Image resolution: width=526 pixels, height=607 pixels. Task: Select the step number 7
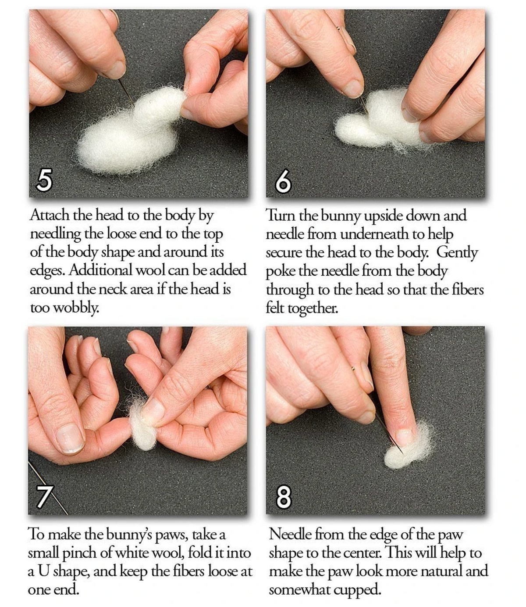tap(44, 496)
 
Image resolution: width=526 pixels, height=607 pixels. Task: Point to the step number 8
tap(284, 497)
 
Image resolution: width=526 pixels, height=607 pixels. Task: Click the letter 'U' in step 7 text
tap(43, 571)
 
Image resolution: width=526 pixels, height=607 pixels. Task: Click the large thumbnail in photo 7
tap(70, 438)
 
